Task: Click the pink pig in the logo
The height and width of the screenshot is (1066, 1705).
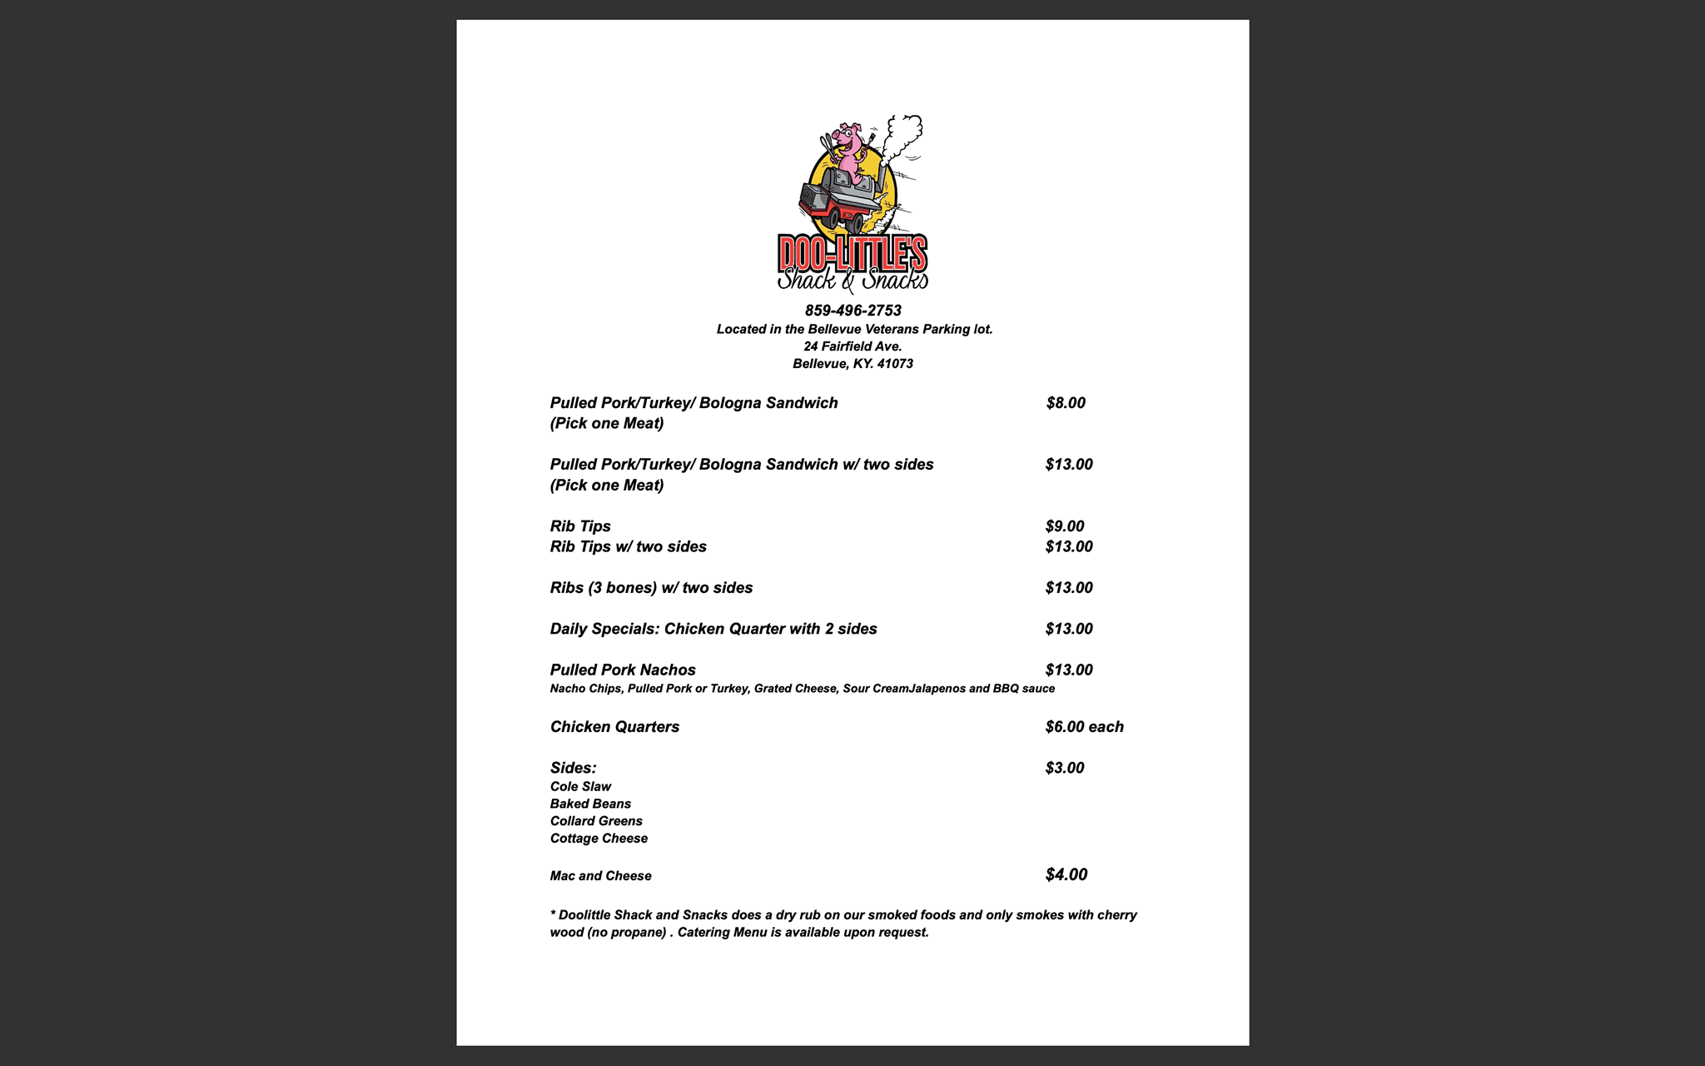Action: click(x=848, y=150)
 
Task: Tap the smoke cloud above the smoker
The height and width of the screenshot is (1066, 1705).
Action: click(x=904, y=133)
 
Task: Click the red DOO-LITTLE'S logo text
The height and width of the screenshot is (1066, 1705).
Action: click(x=852, y=252)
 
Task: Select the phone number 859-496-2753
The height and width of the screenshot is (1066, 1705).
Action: click(x=852, y=311)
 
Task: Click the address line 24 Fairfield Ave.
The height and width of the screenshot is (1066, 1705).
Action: click(x=852, y=346)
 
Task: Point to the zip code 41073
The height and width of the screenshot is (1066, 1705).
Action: click(x=895, y=364)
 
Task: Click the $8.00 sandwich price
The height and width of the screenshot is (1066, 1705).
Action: click(x=1066, y=403)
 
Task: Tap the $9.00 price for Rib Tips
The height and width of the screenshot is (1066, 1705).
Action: click(x=1065, y=526)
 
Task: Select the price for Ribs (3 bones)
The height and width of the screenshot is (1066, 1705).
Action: click(x=1069, y=588)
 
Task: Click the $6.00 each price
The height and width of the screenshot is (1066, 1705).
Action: click(x=1084, y=727)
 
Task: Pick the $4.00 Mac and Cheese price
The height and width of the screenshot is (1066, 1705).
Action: click(x=1066, y=874)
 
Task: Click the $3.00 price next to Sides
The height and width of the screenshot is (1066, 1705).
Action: click(x=1065, y=768)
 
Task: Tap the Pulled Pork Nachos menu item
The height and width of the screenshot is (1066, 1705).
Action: click(x=623, y=670)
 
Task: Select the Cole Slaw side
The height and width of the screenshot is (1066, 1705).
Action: click(x=580, y=787)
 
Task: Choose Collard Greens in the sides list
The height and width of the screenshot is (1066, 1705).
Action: click(x=596, y=821)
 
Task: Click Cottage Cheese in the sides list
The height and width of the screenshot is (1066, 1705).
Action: click(x=599, y=839)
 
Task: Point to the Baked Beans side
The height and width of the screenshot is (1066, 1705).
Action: click(x=590, y=804)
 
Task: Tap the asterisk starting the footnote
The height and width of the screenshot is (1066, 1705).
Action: click(x=553, y=914)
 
